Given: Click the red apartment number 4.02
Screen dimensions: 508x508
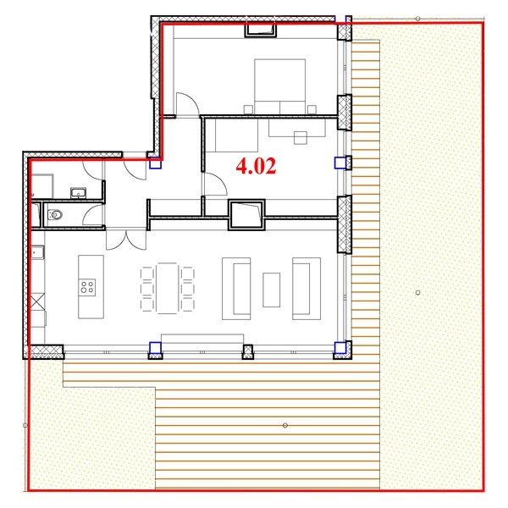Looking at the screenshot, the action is (x=256, y=166).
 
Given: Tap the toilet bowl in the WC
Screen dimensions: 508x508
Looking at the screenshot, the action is (x=55, y=214).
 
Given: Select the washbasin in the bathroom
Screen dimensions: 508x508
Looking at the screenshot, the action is (x=79, y=193).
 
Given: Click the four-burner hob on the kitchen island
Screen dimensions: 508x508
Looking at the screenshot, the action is (x=87, y=287).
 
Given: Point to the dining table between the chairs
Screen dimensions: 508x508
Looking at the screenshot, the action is (x=167, y=289).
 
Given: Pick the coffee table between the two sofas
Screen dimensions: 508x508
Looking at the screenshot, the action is (x=272, y=290).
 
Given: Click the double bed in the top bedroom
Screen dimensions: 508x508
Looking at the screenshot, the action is (x=280, y=86).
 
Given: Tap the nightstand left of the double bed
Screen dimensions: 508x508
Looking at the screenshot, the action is (x=248, y=109).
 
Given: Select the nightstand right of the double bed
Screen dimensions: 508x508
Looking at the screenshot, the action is (x=312, y=109).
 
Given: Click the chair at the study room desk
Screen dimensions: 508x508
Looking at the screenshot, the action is (x=301, y=138).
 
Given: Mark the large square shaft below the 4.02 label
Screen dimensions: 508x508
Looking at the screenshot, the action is (x=246, y=215).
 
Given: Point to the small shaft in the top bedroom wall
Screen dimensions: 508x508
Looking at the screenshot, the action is (x=261, y=30).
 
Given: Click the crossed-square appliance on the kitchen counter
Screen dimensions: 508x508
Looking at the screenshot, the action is (x=37, y=301).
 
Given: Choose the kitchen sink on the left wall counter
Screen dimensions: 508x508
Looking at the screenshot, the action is (x=37, y=252).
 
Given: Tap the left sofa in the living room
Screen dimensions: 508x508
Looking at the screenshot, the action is (x=236, y=289).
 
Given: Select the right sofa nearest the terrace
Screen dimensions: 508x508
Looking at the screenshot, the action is (x=306, y=289).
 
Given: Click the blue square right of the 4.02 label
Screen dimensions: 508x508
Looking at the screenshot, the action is (x=340, y=163).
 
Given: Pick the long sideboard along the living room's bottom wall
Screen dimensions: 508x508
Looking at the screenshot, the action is (x=202, y=339).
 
